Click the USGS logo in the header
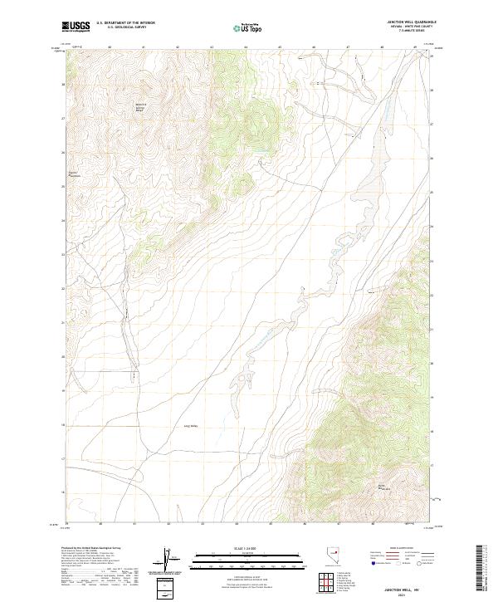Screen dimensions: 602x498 pyautogui.click(x=76, y=27)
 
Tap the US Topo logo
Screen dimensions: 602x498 pyautogui.click(x=248, y=28)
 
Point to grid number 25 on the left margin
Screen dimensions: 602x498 pyautogui.click(x=62, y=186)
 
